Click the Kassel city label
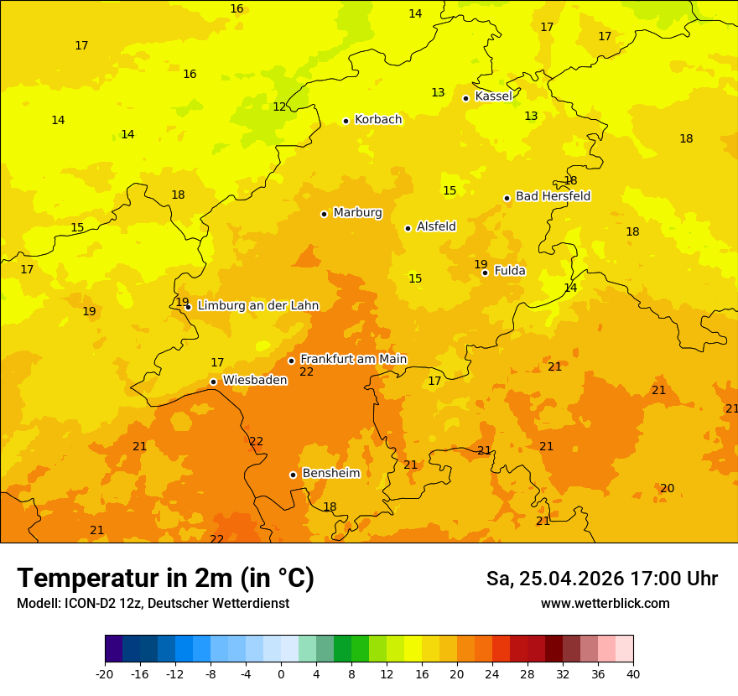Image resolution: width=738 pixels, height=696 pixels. pyautogui.click(x=493, y=96)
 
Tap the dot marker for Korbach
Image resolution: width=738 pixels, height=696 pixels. pyautogui.click(x=346, y=121)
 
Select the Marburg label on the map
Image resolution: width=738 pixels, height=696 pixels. pyautogui.click(x=357, y=213)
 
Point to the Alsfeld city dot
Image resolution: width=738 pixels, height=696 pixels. pyautogui.click(x=408, y=228)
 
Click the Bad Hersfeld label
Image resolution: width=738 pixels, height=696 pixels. pyautogui.click(x=553, y=196)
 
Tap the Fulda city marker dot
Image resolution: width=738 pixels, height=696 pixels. pyautogui.click(x=485, y=273)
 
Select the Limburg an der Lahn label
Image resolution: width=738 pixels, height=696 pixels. pyautogui.click(x=257, y=306)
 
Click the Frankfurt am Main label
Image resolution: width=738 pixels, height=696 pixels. pyautogui.click(x=353, y=359)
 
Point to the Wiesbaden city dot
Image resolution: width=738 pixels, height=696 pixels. pyautogui.click(x=213, y=382)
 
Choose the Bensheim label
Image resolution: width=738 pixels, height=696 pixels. pyautogui.click(x=330, y=473)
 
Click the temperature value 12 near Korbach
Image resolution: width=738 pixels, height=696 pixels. pyautogui.click(x=279, y=106)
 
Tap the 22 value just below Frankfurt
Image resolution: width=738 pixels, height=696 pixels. pyautogui.click(x=307, y=371)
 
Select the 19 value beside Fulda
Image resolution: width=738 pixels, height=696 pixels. pyautogui.click(x=481, y=264)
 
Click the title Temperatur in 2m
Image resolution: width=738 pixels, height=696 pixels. pyautogui.click(x=165, y=578)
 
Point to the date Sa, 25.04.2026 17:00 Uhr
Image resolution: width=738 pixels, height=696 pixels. pyautogui.click(x=601, y=579)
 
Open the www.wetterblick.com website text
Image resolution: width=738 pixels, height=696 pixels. pyautogui.click(x=605, y=603)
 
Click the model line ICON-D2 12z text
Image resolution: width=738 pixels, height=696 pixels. pyautogui.click(x=153, y=603)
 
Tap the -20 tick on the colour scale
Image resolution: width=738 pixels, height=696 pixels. pyautogui.click(x=105, y=674)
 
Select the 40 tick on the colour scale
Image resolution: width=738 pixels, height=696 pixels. pyautogui.click(x=633, y=674)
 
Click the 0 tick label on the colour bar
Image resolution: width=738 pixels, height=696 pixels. pyautogui.click(x=281, y=674)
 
